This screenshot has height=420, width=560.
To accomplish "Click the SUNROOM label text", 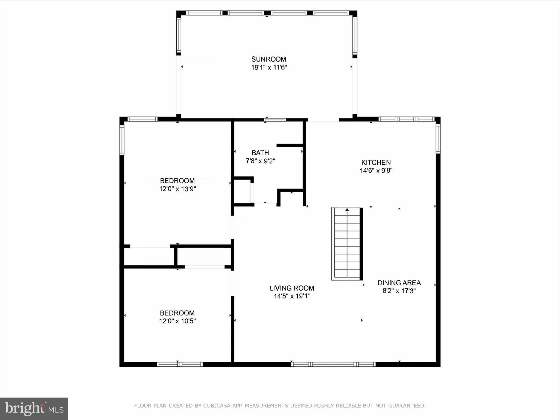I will [269, 59].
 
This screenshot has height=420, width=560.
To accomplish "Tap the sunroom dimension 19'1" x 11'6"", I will [269, 67].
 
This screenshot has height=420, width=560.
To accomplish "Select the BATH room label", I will [260, 153].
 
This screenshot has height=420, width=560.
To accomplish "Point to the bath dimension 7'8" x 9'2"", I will [260, 161].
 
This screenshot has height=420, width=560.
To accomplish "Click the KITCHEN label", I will [376, 162].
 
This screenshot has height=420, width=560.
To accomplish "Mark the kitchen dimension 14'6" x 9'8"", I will [376, 170].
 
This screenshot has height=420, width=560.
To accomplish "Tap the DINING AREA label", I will [399, 283].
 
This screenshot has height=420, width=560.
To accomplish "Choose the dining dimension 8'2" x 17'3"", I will [399, 291].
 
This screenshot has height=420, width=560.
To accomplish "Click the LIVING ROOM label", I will [292, 288].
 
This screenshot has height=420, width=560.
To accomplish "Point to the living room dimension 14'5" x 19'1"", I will [292, 296].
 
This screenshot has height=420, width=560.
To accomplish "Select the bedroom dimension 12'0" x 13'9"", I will [177, 189].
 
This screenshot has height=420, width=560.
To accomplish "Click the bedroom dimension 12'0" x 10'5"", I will [177, 321].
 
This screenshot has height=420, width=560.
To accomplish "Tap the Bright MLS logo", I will [34, 409].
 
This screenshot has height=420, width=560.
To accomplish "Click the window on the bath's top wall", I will [275, 120].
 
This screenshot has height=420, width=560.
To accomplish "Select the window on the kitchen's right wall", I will [438, 138].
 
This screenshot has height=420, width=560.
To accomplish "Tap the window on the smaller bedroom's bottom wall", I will [180, 364].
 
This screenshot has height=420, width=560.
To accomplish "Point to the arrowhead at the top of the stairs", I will [347, 210].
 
